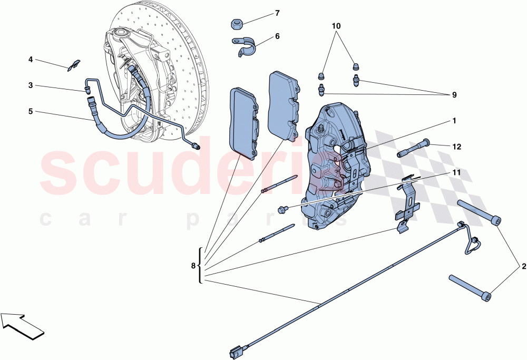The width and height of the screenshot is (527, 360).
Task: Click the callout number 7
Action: tap(277, 13)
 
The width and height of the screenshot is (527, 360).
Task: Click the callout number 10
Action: tap(336, 25)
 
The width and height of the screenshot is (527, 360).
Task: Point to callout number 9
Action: tap(454, 95)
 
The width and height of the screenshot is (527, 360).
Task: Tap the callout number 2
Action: tap(523, 266)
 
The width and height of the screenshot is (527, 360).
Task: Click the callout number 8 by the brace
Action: tap(193, 266)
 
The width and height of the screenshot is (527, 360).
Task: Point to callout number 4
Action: tap(31, 60)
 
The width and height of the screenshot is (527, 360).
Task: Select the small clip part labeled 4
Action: tap(73, 65)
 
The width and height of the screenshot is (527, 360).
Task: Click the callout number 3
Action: tap(31, 85)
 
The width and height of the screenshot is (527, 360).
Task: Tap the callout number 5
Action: tap(31, 111)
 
